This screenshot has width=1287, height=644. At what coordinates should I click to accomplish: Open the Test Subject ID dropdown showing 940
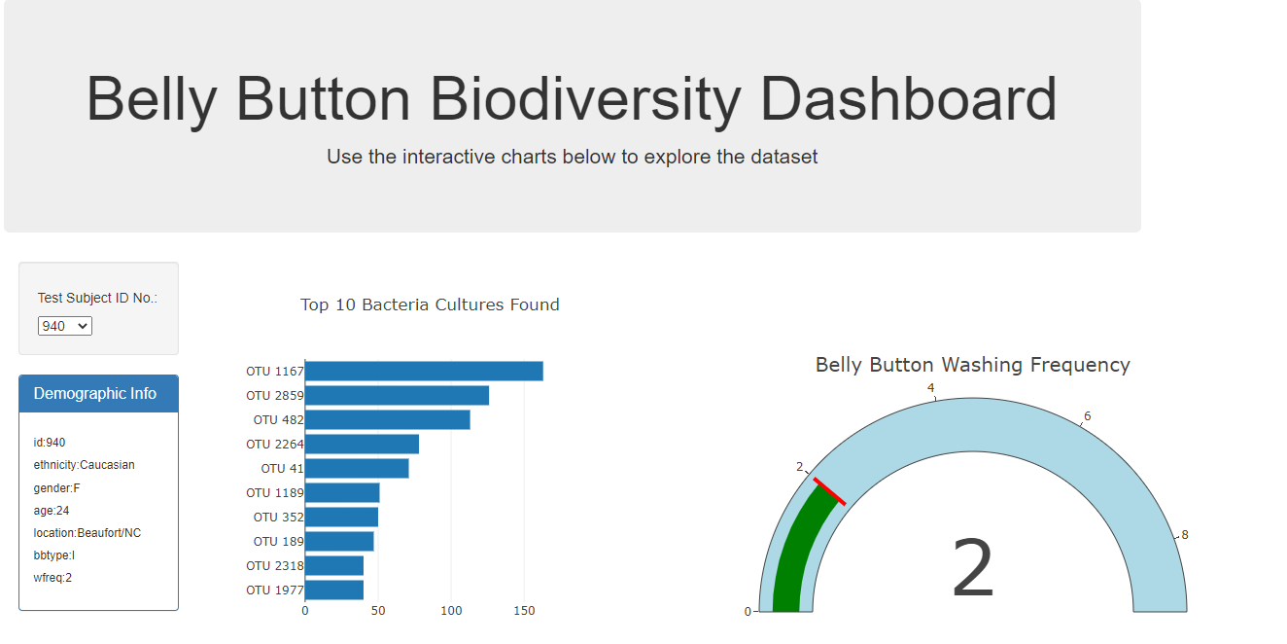click(65, 326)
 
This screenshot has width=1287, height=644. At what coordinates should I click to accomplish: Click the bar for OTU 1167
click(424, 372)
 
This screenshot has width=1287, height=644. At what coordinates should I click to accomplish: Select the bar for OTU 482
click(387, 420)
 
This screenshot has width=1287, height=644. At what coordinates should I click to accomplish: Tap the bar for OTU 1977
click(333, 590)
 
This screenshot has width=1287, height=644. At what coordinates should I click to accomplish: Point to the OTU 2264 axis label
click(275, 445)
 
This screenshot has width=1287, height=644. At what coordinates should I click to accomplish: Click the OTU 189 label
click(279, 542)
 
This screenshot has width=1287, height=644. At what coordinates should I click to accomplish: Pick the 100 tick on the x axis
click(451, 611)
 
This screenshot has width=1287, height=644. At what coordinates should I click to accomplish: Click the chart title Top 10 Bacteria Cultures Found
click(430, 304)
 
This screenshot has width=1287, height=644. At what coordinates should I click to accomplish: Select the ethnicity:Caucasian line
click(85, 465)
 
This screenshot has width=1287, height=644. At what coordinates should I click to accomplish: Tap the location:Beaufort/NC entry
click(87, 533)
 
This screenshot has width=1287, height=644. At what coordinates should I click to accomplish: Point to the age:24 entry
click(52, 511)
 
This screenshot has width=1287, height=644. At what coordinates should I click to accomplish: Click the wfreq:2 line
click(53, 578)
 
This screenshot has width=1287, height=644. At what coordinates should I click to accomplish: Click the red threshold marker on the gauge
click(829, 491)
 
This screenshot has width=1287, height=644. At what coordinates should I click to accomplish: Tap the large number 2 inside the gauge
click(973, 570)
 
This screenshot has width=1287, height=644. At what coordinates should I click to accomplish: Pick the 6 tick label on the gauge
click(1087, 416)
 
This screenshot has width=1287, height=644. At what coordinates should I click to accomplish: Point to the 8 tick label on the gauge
click(1184, 535)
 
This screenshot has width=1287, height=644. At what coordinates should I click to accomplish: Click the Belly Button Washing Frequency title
click(972, 365)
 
